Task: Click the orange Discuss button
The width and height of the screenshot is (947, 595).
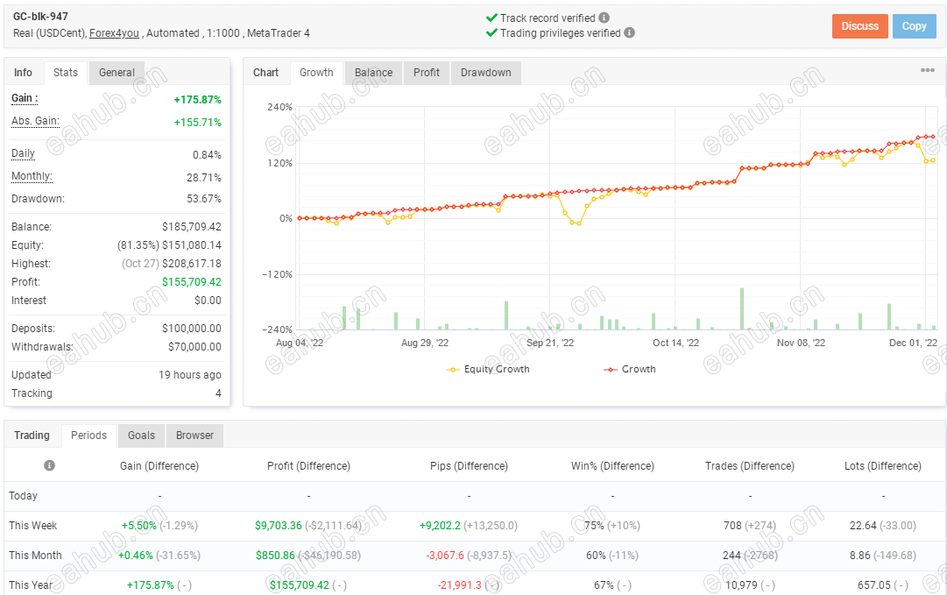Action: pos(859,26)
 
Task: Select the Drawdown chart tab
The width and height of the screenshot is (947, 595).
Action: pos(485,73)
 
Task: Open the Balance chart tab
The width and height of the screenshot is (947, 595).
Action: pos(373,73)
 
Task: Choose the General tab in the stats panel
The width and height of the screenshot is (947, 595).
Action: pos(117,73)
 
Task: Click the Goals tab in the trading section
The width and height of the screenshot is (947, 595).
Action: pos(141,436)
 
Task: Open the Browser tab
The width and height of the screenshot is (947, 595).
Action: pos(194,436)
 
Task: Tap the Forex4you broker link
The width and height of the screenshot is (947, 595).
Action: pos(115,33)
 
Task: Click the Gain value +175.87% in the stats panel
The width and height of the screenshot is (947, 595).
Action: pos(197,100)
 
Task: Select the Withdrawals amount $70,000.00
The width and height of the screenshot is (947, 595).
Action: pos(194,347)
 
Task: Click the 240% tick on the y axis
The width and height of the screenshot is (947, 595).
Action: pos(279,108)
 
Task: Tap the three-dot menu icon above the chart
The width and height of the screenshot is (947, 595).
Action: pos(927,71)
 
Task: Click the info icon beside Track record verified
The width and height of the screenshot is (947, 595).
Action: pos(604,18)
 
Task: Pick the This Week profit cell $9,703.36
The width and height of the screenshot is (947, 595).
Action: pos(279,526)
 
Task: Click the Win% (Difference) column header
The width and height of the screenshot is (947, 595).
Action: pos(612,466)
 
